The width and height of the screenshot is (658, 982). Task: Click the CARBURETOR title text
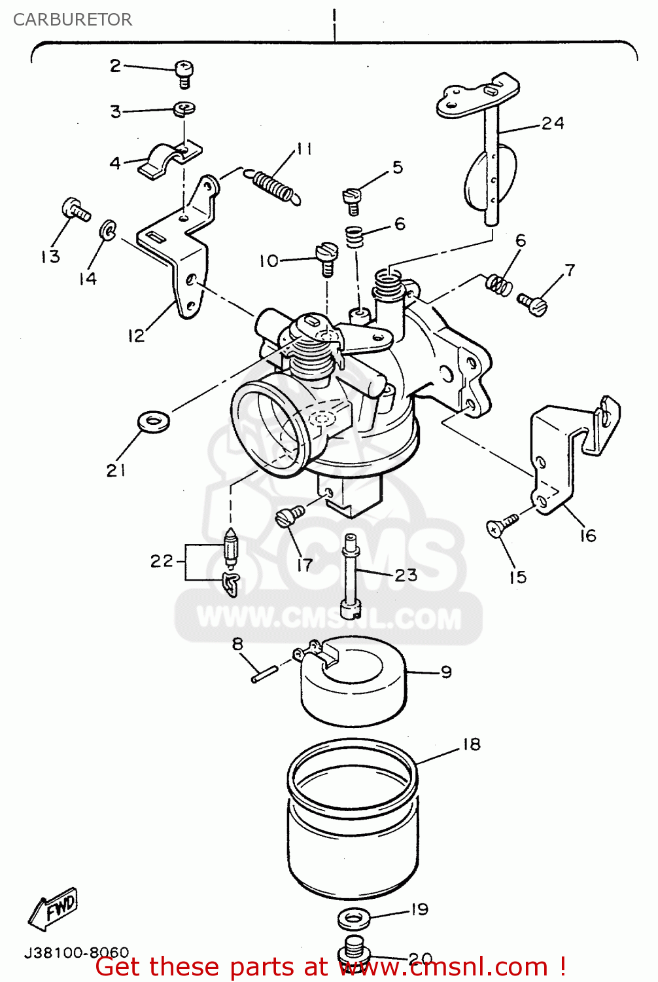(x=72, y=20)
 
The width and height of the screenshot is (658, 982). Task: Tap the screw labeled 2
(x=184, y=73)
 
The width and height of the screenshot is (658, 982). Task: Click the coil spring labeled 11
(x=273, y=184)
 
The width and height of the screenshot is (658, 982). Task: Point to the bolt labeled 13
(x=75, y=210)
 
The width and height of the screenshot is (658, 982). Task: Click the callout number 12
(x=135, y=336)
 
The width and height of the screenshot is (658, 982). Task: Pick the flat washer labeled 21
(x=154, y=421)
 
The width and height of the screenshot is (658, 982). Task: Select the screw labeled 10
(x=326, y=257)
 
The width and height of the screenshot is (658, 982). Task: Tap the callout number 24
(x=553, y=123)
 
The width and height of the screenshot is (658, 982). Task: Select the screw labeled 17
(x=289, y=516)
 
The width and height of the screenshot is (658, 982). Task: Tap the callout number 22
(x=162, y=561)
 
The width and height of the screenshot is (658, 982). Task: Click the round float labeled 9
(x=353, y=687)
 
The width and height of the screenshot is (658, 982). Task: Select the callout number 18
(x=471, y=744)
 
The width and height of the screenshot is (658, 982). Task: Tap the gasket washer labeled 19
(x=354, y=918)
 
